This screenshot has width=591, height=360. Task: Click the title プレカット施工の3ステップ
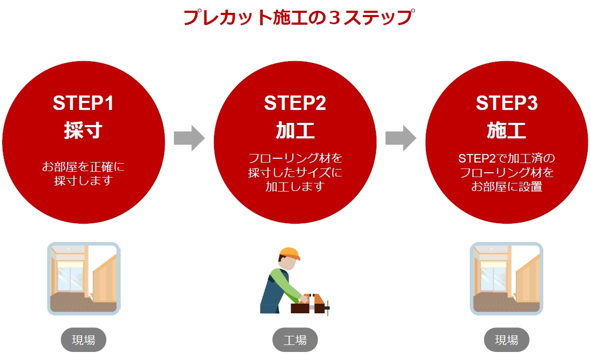(x=298, y=17)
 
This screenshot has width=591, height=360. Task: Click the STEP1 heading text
(x=83, y=103)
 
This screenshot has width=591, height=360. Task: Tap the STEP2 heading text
(x=294, y=103)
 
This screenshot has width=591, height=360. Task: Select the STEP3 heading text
(x=506, y=103)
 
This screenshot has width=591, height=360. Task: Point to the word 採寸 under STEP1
(x=83, y=130)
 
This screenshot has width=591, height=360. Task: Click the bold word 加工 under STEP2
(x=294, y=130)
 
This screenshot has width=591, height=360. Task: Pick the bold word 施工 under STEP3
(x=506, y=130)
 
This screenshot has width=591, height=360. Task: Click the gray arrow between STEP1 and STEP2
(x=189, y=138)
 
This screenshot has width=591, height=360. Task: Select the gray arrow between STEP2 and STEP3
(x=401, y=138)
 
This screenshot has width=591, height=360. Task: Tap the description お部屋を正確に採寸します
(x=83, y=173)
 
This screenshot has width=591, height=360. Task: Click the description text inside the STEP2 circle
(x=294, y=173)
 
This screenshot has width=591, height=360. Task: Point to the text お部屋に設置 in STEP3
(x=506, y=187)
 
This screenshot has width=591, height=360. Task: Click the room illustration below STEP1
(x=83, y=278)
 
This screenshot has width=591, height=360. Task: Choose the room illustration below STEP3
(x=506, y=278)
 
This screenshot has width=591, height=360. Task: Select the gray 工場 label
(x=294, y=340)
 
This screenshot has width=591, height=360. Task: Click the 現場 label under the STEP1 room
(x=83, y=340)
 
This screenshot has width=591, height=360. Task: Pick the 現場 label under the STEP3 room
(x=506, y=340)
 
